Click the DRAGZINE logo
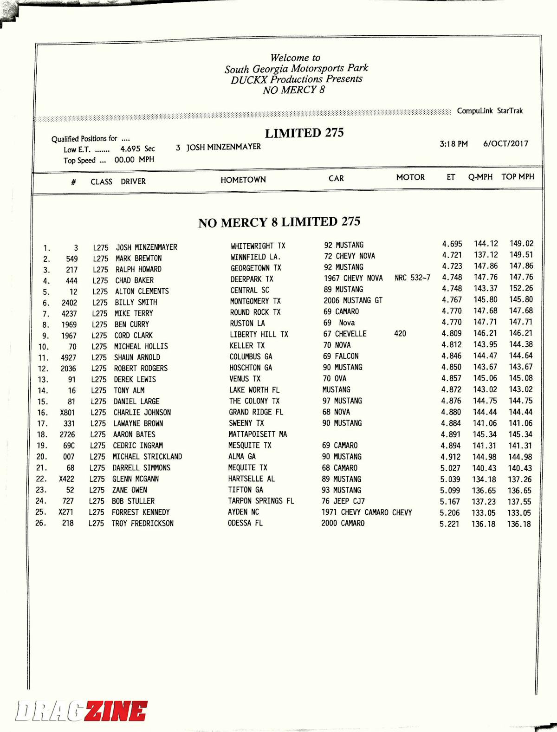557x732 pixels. [82, 711]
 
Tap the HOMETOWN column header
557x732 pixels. [243, 180]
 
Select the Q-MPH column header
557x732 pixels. [480, 177]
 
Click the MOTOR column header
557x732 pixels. [410, 177]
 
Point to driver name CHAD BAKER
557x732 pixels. [134, 280]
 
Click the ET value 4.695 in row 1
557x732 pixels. [452, 244]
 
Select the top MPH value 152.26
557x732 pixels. [521, 288]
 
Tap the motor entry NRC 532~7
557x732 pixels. [412, 278]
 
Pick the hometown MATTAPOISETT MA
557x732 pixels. [258, 434]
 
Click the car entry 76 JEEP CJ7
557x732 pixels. [343, 501]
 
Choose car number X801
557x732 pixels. [67, 412]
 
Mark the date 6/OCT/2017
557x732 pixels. [505, 143]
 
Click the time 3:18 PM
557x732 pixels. [453, 144]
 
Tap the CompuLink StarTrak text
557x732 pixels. [490, 110]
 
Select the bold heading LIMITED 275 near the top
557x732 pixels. [304, 133]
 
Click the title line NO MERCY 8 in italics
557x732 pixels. [293, 90]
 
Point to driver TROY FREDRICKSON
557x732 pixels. [142, 523]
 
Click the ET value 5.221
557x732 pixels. [449, 524]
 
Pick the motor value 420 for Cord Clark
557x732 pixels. [400, 333]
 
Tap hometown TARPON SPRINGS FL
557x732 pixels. [261, 501]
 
